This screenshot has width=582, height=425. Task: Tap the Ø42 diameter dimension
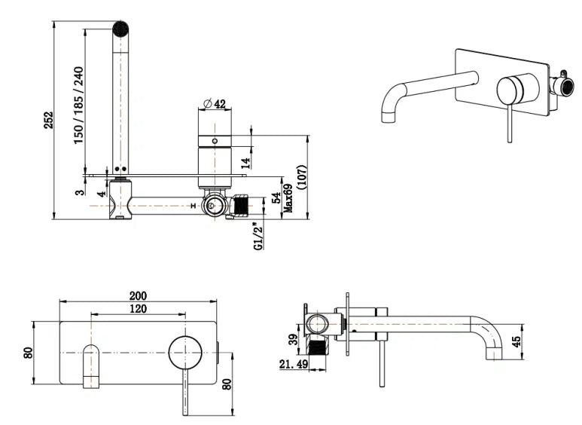click(x=215, y=103)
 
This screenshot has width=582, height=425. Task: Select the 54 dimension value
click(x=276, y=198)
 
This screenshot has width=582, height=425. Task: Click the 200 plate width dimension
click(x=138, y=295)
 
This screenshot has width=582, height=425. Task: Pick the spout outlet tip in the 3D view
click(x=390, y=116)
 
